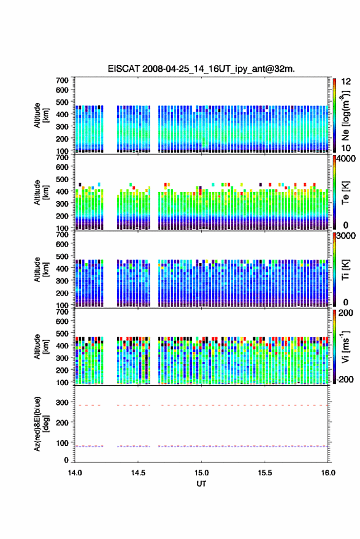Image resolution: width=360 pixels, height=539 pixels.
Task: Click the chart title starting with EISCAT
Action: click(x=201, y=69)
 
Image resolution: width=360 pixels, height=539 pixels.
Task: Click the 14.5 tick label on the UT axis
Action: click(x=138, y=473)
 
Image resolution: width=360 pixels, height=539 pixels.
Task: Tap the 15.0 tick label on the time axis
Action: click(x=201, y=473)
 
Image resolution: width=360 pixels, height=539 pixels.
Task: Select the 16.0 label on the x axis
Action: click(x=327, y=473)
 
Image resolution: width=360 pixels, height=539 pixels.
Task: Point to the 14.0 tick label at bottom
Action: click(x=75, y=473)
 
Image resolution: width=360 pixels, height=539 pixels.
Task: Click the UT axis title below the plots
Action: click(x=201, y=484)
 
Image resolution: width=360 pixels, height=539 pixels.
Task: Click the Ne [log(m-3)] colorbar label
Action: click(x=345, y=115)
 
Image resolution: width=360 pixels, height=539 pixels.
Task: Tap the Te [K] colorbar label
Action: click(x=345, y=193)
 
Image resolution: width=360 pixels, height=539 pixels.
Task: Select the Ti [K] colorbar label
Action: click(x=345, y=270)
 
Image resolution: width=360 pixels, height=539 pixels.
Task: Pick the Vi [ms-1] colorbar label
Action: click(x=345, y=346)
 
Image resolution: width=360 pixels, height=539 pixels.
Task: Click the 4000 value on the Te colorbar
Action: click(x=346, y=159)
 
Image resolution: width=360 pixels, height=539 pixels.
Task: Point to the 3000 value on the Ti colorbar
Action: click(x=346, y=236)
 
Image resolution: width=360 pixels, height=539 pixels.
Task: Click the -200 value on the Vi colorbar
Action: click(x=345, y=380)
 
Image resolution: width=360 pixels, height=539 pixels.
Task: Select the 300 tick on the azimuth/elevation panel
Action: click(x=62, y=402)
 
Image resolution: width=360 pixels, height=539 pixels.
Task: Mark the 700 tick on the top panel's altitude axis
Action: click(x=62, y=80)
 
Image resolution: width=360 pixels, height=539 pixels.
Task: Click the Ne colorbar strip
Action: click(x=335, y=115)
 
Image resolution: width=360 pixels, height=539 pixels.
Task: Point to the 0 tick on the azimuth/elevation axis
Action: click(x=66, y=460)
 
